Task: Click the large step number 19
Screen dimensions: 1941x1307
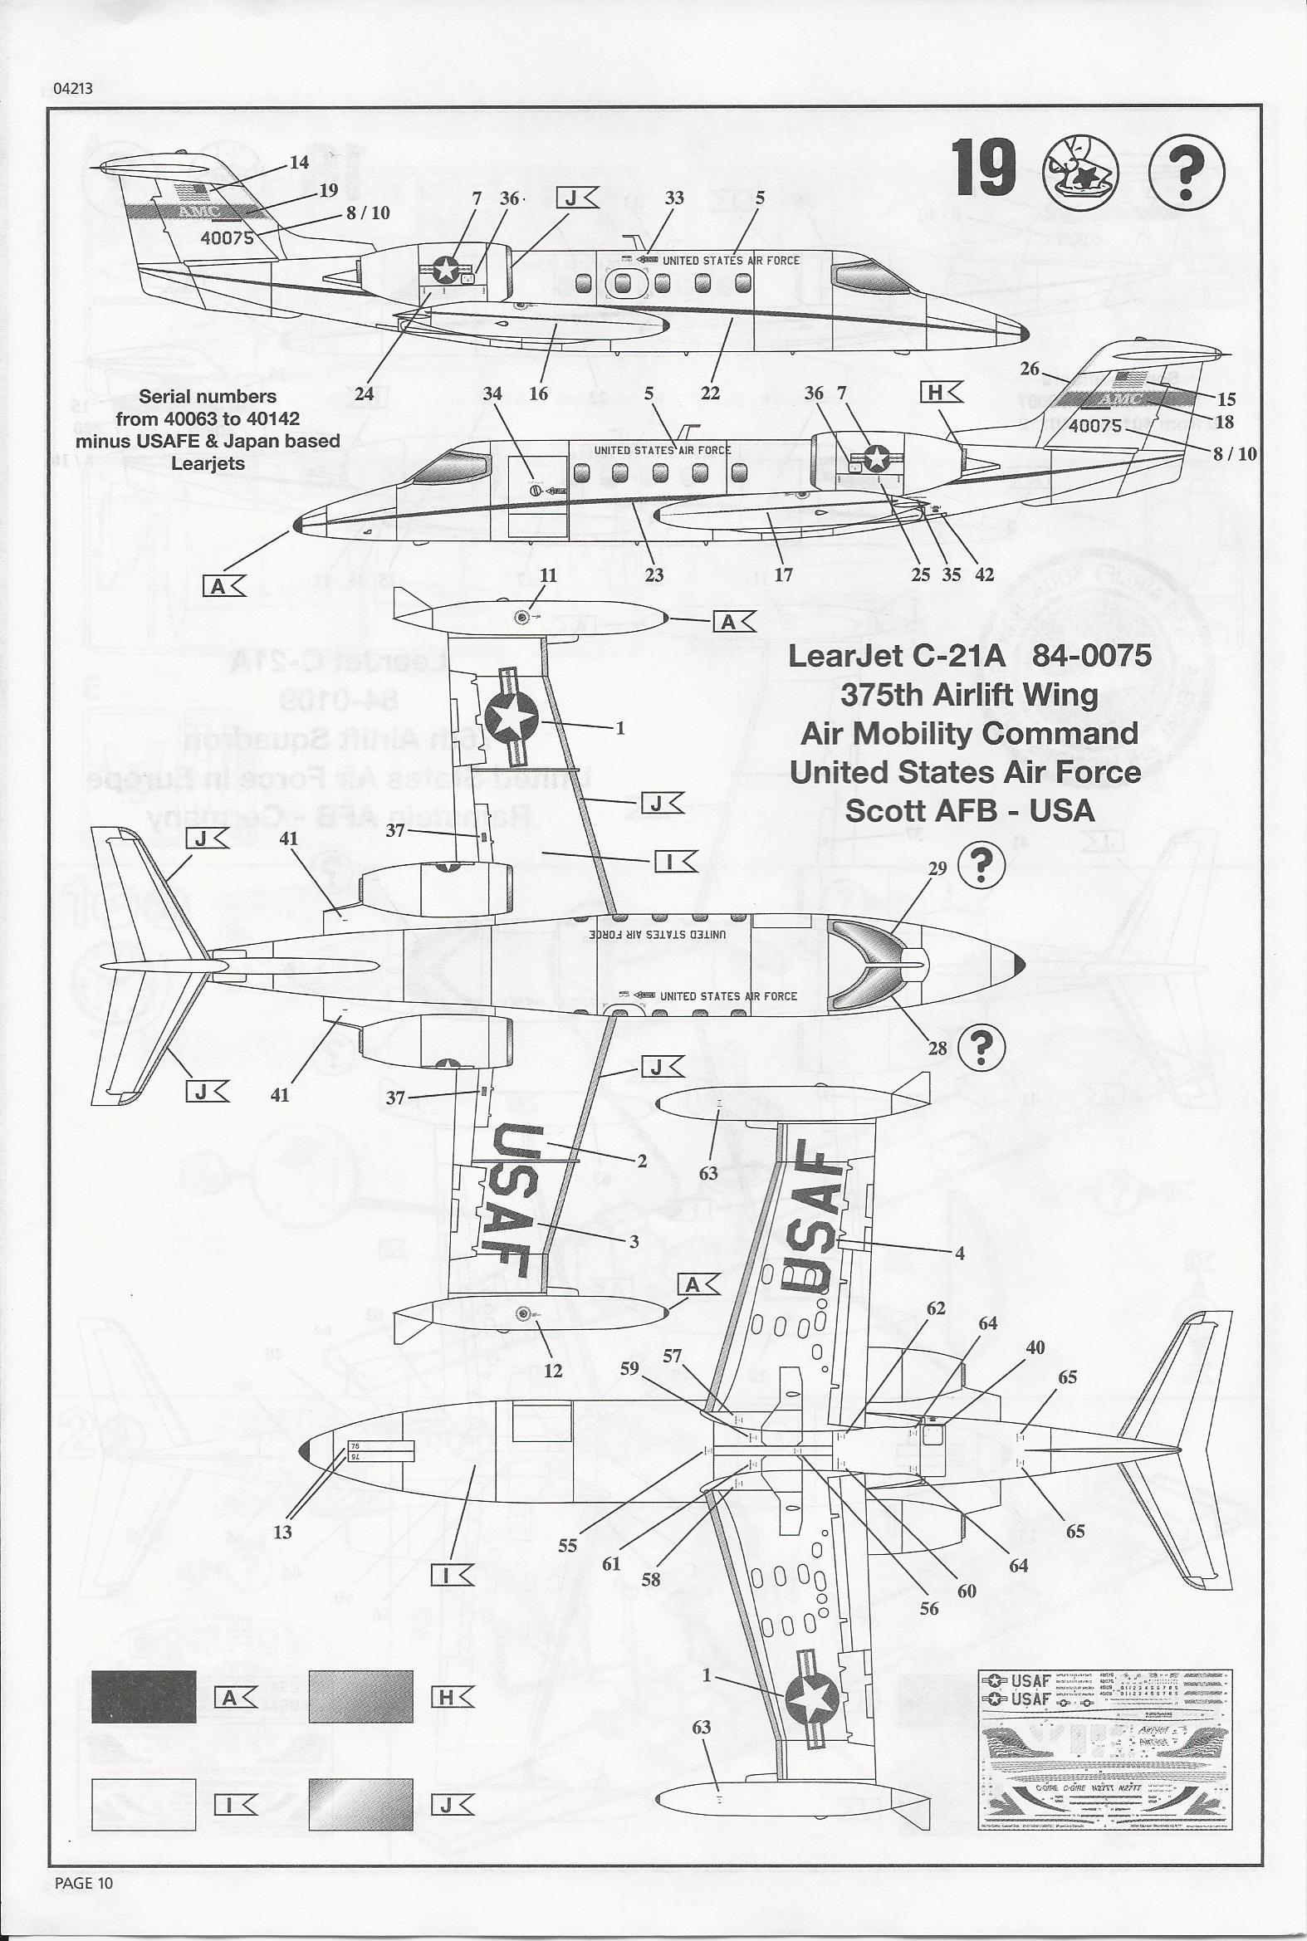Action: tap(985, 169)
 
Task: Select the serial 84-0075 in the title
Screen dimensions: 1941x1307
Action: tap(1092, 655)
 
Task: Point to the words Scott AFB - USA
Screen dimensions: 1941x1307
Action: tap(969, 810)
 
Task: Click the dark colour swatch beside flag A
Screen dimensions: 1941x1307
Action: tap(144, 1695)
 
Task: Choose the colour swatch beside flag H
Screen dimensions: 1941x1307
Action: tap(360, 1695)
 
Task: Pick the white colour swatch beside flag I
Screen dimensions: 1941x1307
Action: tap(144, 1804)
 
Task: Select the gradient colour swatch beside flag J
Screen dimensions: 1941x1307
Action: tap(360, 1804)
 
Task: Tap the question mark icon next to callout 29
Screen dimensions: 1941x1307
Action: tap(982, 865)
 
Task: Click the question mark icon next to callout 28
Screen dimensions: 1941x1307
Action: tap(982, 1047)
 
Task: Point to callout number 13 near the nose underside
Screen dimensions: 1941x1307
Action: tap(282, 1531)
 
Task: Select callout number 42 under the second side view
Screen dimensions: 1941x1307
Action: tap(985, 574)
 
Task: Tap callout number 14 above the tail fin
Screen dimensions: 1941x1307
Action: tap(298, 162)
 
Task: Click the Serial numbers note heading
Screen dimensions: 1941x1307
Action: tap(208, 397)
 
